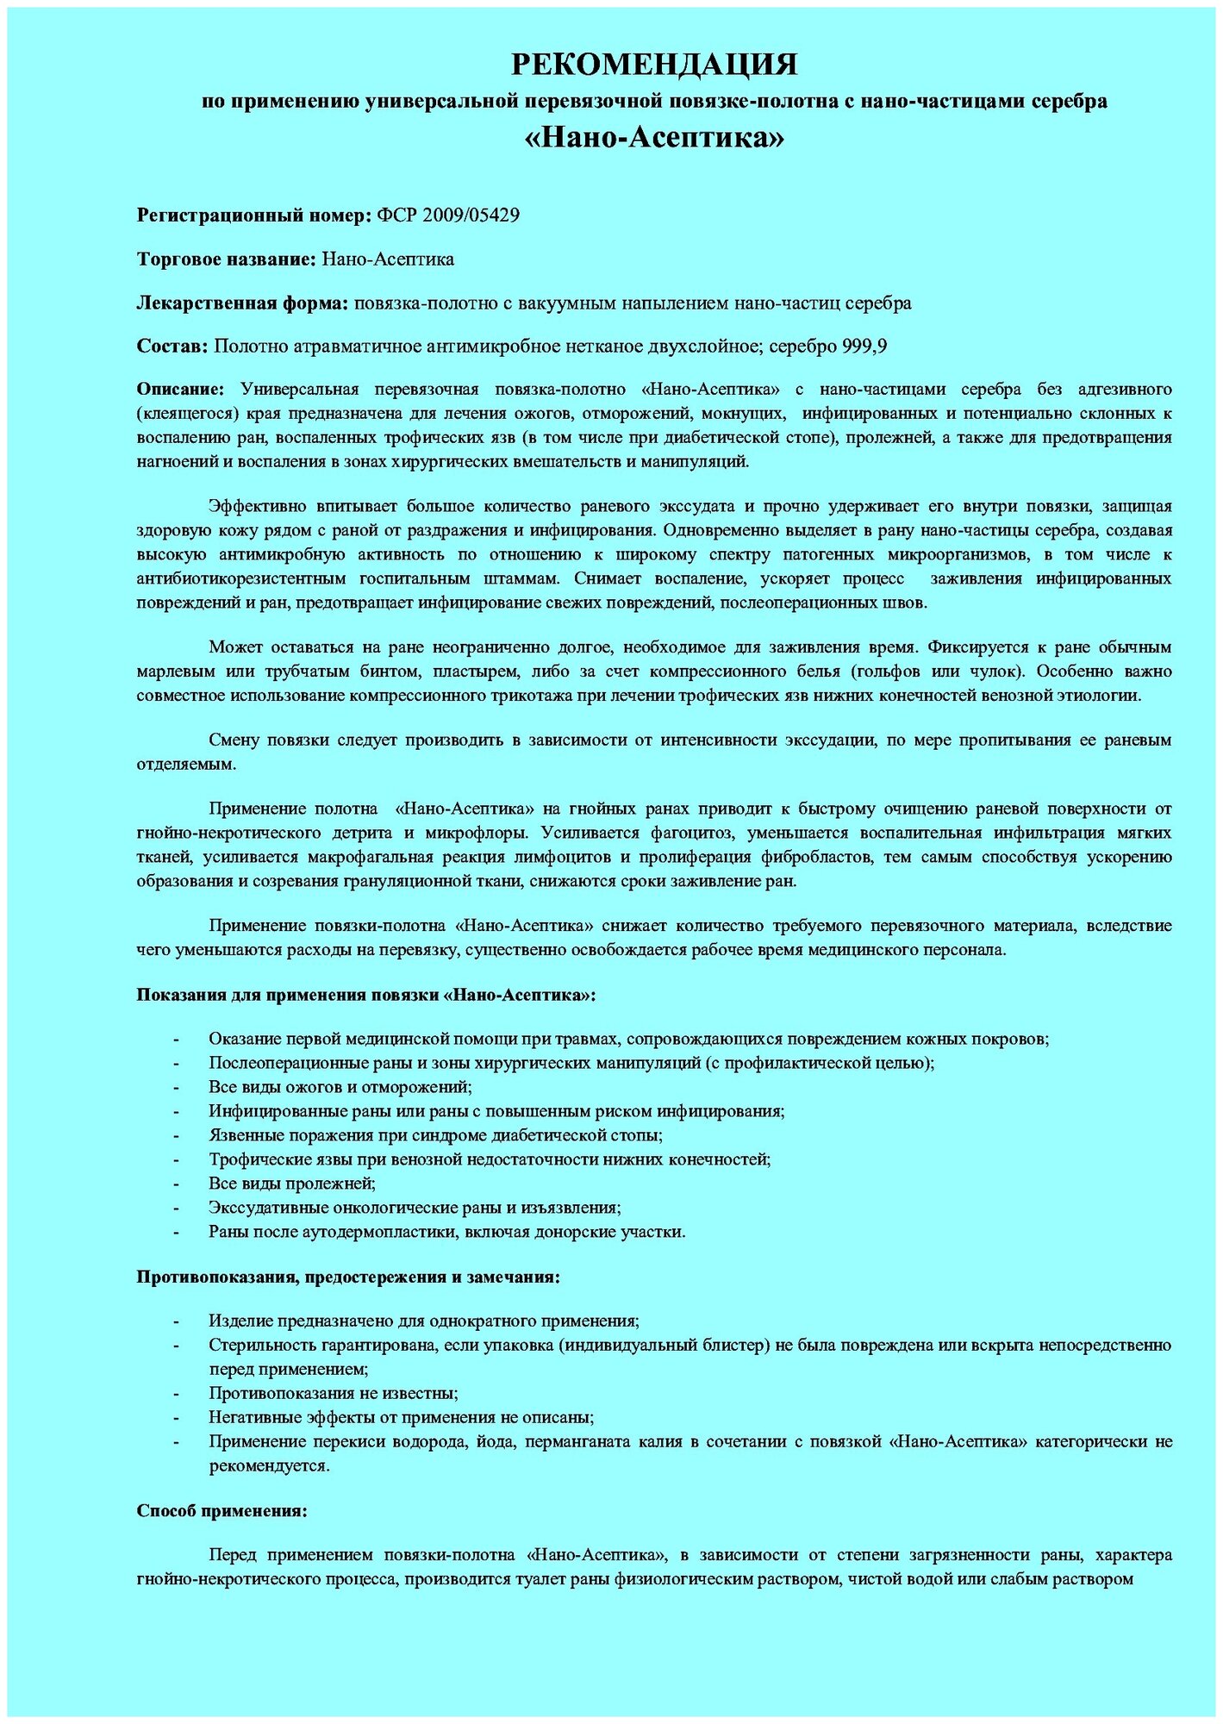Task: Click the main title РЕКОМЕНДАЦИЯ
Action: point(654,64)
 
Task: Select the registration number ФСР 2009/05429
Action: point(448,215)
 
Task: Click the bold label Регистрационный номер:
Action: point(253,215)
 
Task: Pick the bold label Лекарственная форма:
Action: point(242,303)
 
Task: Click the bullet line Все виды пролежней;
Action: point(292,1184)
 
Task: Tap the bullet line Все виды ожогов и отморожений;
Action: point(340,1087)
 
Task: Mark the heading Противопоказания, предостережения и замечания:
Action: point(348,1277)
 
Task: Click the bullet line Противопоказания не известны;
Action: point(333,1393)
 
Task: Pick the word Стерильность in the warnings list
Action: point(258,1345)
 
